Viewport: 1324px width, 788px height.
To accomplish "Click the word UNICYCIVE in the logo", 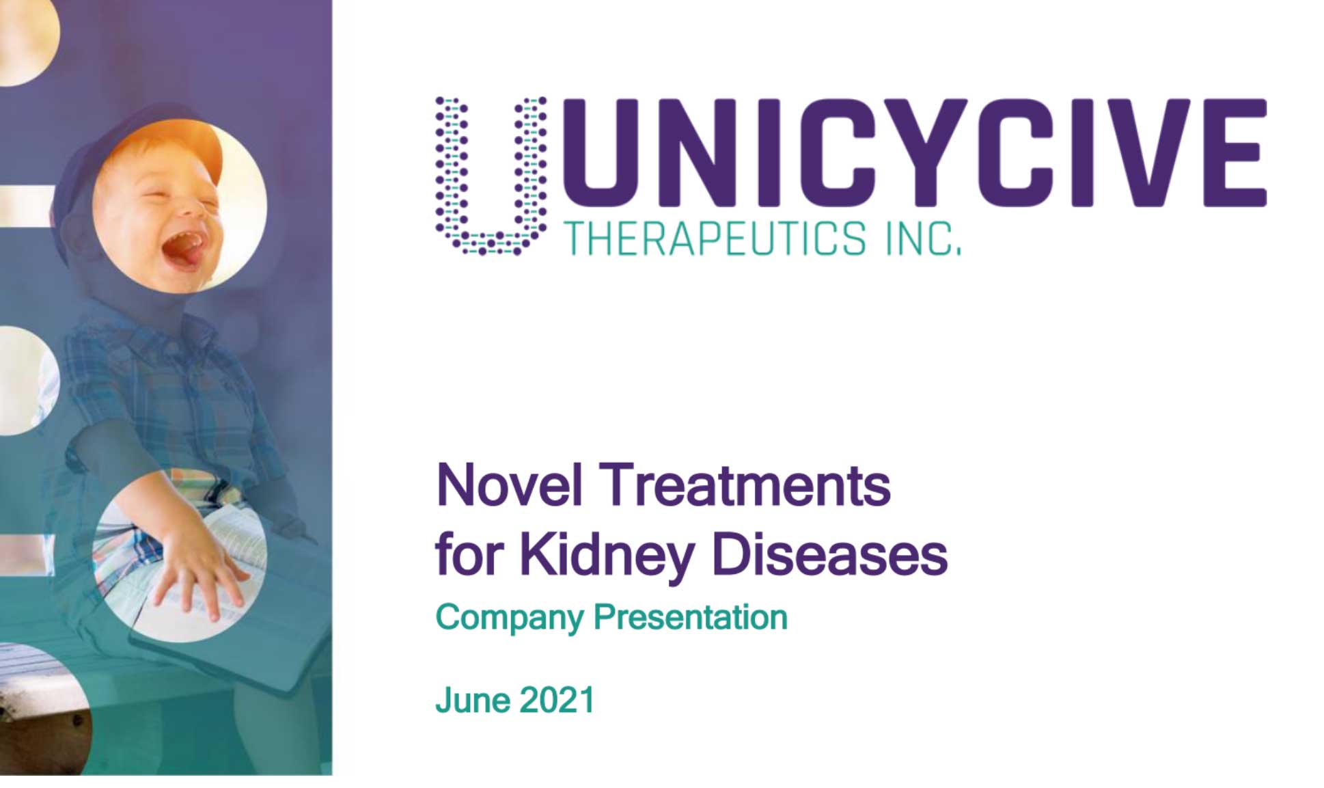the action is pyautogui.click(x=914, y=152).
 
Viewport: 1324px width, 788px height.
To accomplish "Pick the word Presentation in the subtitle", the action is pyautogui.click(x=691, y=617).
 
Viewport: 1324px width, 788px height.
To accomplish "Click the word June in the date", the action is pyautogui.click(x=472, y=701).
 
